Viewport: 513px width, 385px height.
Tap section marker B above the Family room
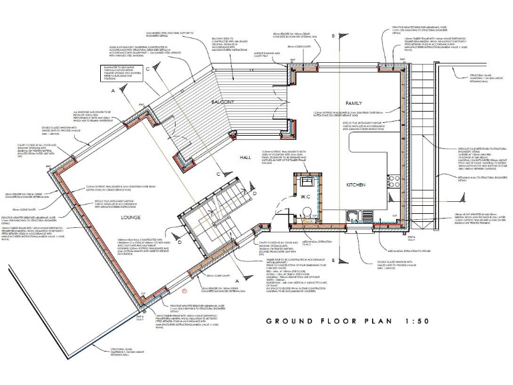click(x=333, y=35)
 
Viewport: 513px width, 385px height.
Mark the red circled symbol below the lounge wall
click(x=184, y=291)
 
